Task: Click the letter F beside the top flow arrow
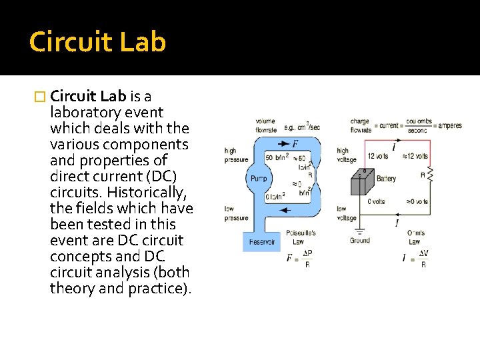pyautogui.click(x=295, y=144)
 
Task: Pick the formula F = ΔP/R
pyautogui.click(x=299, y=258)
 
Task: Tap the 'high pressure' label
pyautogui.click(x=236, y=155)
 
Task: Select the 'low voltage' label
pyautogui.click(x=346, y=213)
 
